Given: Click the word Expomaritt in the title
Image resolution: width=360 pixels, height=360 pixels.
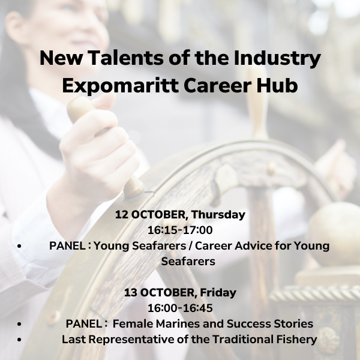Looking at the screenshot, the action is point(121,86).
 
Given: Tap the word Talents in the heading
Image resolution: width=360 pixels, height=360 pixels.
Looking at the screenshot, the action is point(126,58).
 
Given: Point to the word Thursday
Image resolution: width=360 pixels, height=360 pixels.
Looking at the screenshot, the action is point(218,215).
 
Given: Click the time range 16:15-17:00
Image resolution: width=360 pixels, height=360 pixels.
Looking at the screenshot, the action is point(180,230).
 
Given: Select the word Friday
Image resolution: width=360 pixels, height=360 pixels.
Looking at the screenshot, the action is point(218,293).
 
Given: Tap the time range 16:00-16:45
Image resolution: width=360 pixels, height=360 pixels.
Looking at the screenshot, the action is point(180,308).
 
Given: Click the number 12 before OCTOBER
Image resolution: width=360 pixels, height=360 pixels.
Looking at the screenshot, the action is point(121,215).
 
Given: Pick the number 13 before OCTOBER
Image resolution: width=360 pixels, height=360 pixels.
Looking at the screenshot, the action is point(131,293).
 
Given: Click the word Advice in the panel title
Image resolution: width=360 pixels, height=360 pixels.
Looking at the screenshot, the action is point(253,245).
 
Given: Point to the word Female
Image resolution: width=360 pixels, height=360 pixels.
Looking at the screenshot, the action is point(133,324).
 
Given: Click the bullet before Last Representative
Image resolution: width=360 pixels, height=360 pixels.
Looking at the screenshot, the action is point(19,340).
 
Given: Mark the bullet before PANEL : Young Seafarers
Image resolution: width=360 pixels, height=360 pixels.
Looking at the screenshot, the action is point(19,246).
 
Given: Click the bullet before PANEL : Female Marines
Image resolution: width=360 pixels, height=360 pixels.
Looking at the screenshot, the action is point(19,324).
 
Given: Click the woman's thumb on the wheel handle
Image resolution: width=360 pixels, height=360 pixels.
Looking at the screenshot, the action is point(104,100).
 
